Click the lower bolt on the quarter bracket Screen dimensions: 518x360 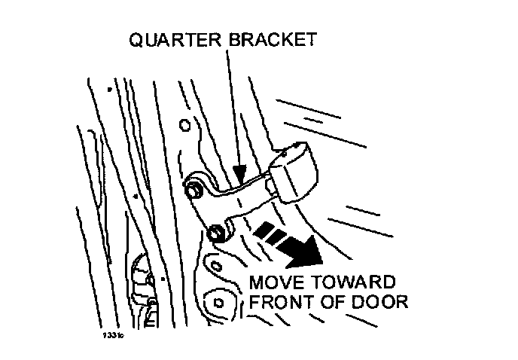tap(215, 233)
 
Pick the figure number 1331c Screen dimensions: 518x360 tap(114, 336)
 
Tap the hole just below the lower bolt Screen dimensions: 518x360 tap(216, 265)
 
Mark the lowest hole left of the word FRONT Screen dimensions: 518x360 tap(219, 302)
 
